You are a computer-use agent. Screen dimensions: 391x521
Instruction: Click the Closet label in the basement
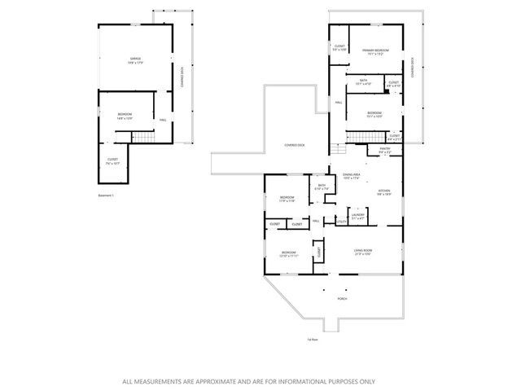(x=112, y=160)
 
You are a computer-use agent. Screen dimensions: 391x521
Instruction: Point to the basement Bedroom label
(x=125, y=115)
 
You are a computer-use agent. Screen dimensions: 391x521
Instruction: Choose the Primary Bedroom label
(x=375, y=51)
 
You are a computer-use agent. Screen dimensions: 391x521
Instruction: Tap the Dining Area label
(x=352, y=175)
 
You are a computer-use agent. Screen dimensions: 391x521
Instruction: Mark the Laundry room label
(x=357, y=215)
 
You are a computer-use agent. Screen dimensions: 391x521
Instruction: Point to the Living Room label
(x=363, y=251)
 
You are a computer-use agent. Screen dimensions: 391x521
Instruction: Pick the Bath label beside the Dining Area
(x=322, y=187)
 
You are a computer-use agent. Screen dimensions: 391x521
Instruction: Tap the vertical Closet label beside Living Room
(x=319, y=253)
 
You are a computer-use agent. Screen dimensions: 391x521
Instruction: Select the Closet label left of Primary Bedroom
(x=339, y=47)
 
